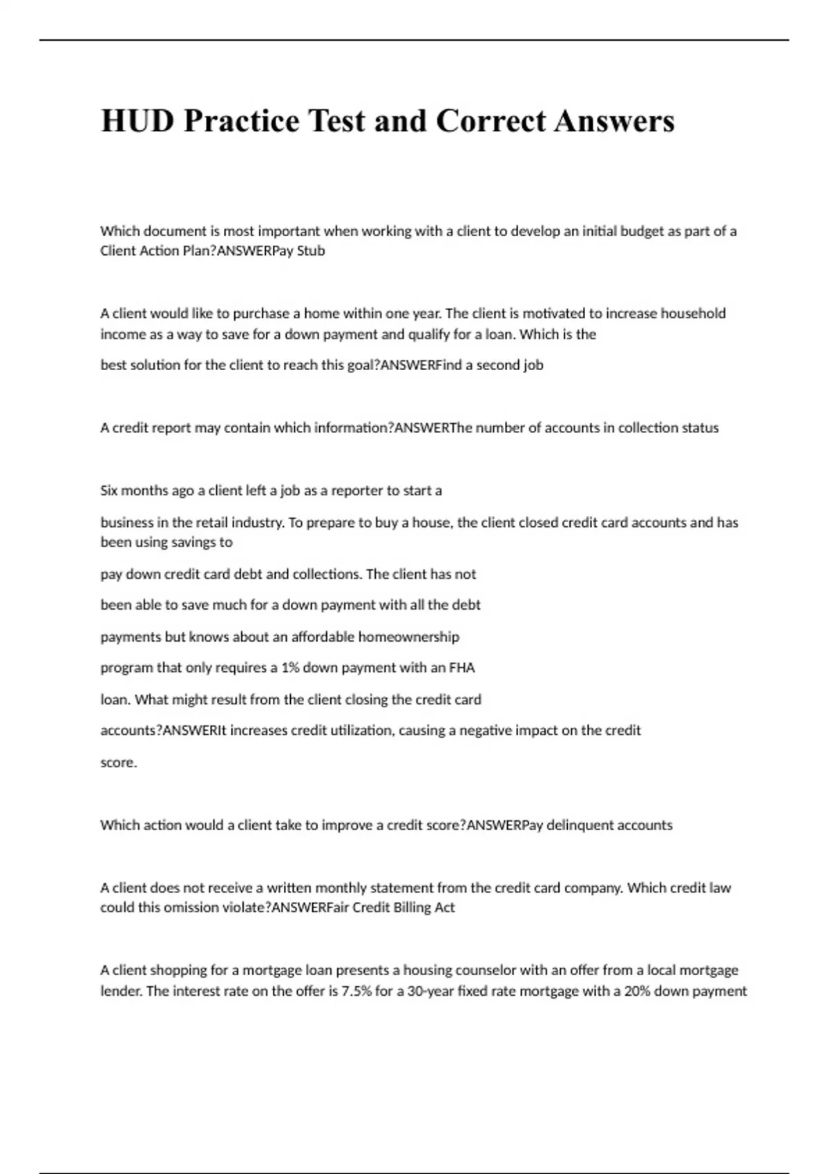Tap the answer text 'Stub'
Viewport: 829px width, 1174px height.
click(x=311, y=251)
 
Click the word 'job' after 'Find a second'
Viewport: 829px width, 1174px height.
click(x=533, y=365)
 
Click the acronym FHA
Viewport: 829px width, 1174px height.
click(x=462, y=668)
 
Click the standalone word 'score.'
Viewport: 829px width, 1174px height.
click(x=119, y=762)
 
